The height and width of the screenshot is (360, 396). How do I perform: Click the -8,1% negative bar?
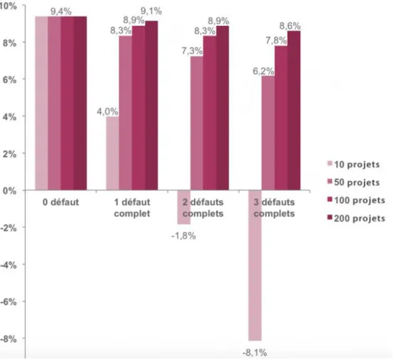(x=255, y=265)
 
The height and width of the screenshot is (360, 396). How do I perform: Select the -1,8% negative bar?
(x=184, y=207)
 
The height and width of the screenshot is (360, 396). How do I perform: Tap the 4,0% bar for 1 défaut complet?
(x=113, y=153)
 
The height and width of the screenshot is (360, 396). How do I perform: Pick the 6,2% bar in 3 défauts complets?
(x=268, y=133)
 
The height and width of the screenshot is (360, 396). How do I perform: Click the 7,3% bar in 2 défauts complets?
(x=197, y=123)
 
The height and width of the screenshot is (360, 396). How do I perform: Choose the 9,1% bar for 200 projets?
(x=151, y=106)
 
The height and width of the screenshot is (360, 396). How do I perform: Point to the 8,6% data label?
(x=290, y=26)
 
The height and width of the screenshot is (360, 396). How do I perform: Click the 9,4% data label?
(x=61, y=11)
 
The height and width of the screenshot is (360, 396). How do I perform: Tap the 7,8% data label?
(x=276, y=41)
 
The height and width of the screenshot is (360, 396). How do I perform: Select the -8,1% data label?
(x=255, y=352)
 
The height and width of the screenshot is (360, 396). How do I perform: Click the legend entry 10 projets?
(x=354, y=164)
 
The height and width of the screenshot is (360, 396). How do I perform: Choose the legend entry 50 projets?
(x=354, y=183)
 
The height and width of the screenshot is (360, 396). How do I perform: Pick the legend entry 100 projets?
(x=356, y=201)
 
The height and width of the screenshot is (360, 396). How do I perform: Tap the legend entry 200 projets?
(x=356, y=219)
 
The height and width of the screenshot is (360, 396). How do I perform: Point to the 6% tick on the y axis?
(x=9, y=80)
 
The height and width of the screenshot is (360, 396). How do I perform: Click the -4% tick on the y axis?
(x=9, y=265)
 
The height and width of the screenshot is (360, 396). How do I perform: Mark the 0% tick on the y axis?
(x=9, y=191)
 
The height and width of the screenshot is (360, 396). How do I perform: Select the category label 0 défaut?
(x=61, y=202)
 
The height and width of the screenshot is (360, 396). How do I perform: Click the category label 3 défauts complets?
(x=274, y=208)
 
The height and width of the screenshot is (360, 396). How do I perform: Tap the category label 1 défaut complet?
(x=132, y=208)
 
